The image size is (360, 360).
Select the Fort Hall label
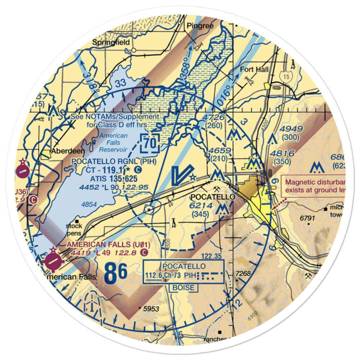[x=254, y=69]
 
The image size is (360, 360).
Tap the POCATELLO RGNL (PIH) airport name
[x=114, y=161]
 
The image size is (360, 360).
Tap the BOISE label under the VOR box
[x=184, y=288]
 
